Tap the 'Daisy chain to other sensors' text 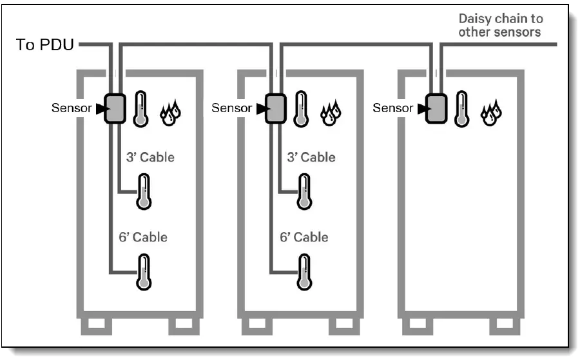click(499, 25)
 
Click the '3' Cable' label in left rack click(150, 156)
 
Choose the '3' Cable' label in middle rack click(311, 156)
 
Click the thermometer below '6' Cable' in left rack click(144, 270)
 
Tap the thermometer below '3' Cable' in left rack click(143, 191)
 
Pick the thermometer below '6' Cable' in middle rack click(304, 270)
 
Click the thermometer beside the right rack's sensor click(462, 109)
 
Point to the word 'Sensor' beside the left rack click(72, 108)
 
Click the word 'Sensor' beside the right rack click(393, 108)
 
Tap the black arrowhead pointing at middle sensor click(260, 109)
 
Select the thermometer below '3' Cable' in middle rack click(304, 191)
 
